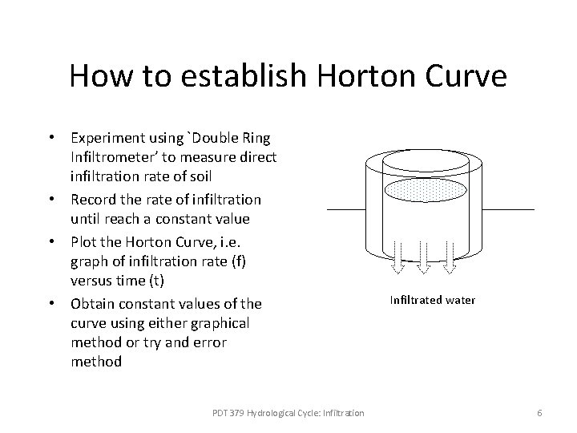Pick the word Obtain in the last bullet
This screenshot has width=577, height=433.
pos(92,305)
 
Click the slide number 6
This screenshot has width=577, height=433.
pos(539,412)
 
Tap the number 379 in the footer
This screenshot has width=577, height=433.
pos(231,412)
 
